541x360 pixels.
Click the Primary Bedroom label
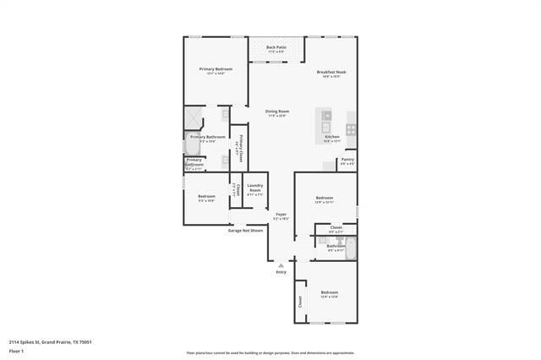[216, 68]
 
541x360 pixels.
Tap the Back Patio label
[276, 47]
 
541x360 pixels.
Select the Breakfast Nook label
[331, 72]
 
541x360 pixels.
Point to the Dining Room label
[277, 112]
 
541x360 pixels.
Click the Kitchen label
[332, 137]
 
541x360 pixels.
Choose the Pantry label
[347, 159]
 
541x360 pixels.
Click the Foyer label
[281, 215]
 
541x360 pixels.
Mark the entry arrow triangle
[281, 265]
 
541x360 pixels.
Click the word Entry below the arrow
[281, 272]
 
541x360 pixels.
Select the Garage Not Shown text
[245, 230]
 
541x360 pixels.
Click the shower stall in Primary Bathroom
[194, 118]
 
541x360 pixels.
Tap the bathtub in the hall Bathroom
[351, 248]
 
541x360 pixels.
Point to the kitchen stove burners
[351, 129]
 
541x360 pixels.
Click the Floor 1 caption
[16, 351]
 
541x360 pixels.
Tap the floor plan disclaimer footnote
[270, 353]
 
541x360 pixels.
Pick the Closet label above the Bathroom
[336, 227]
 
